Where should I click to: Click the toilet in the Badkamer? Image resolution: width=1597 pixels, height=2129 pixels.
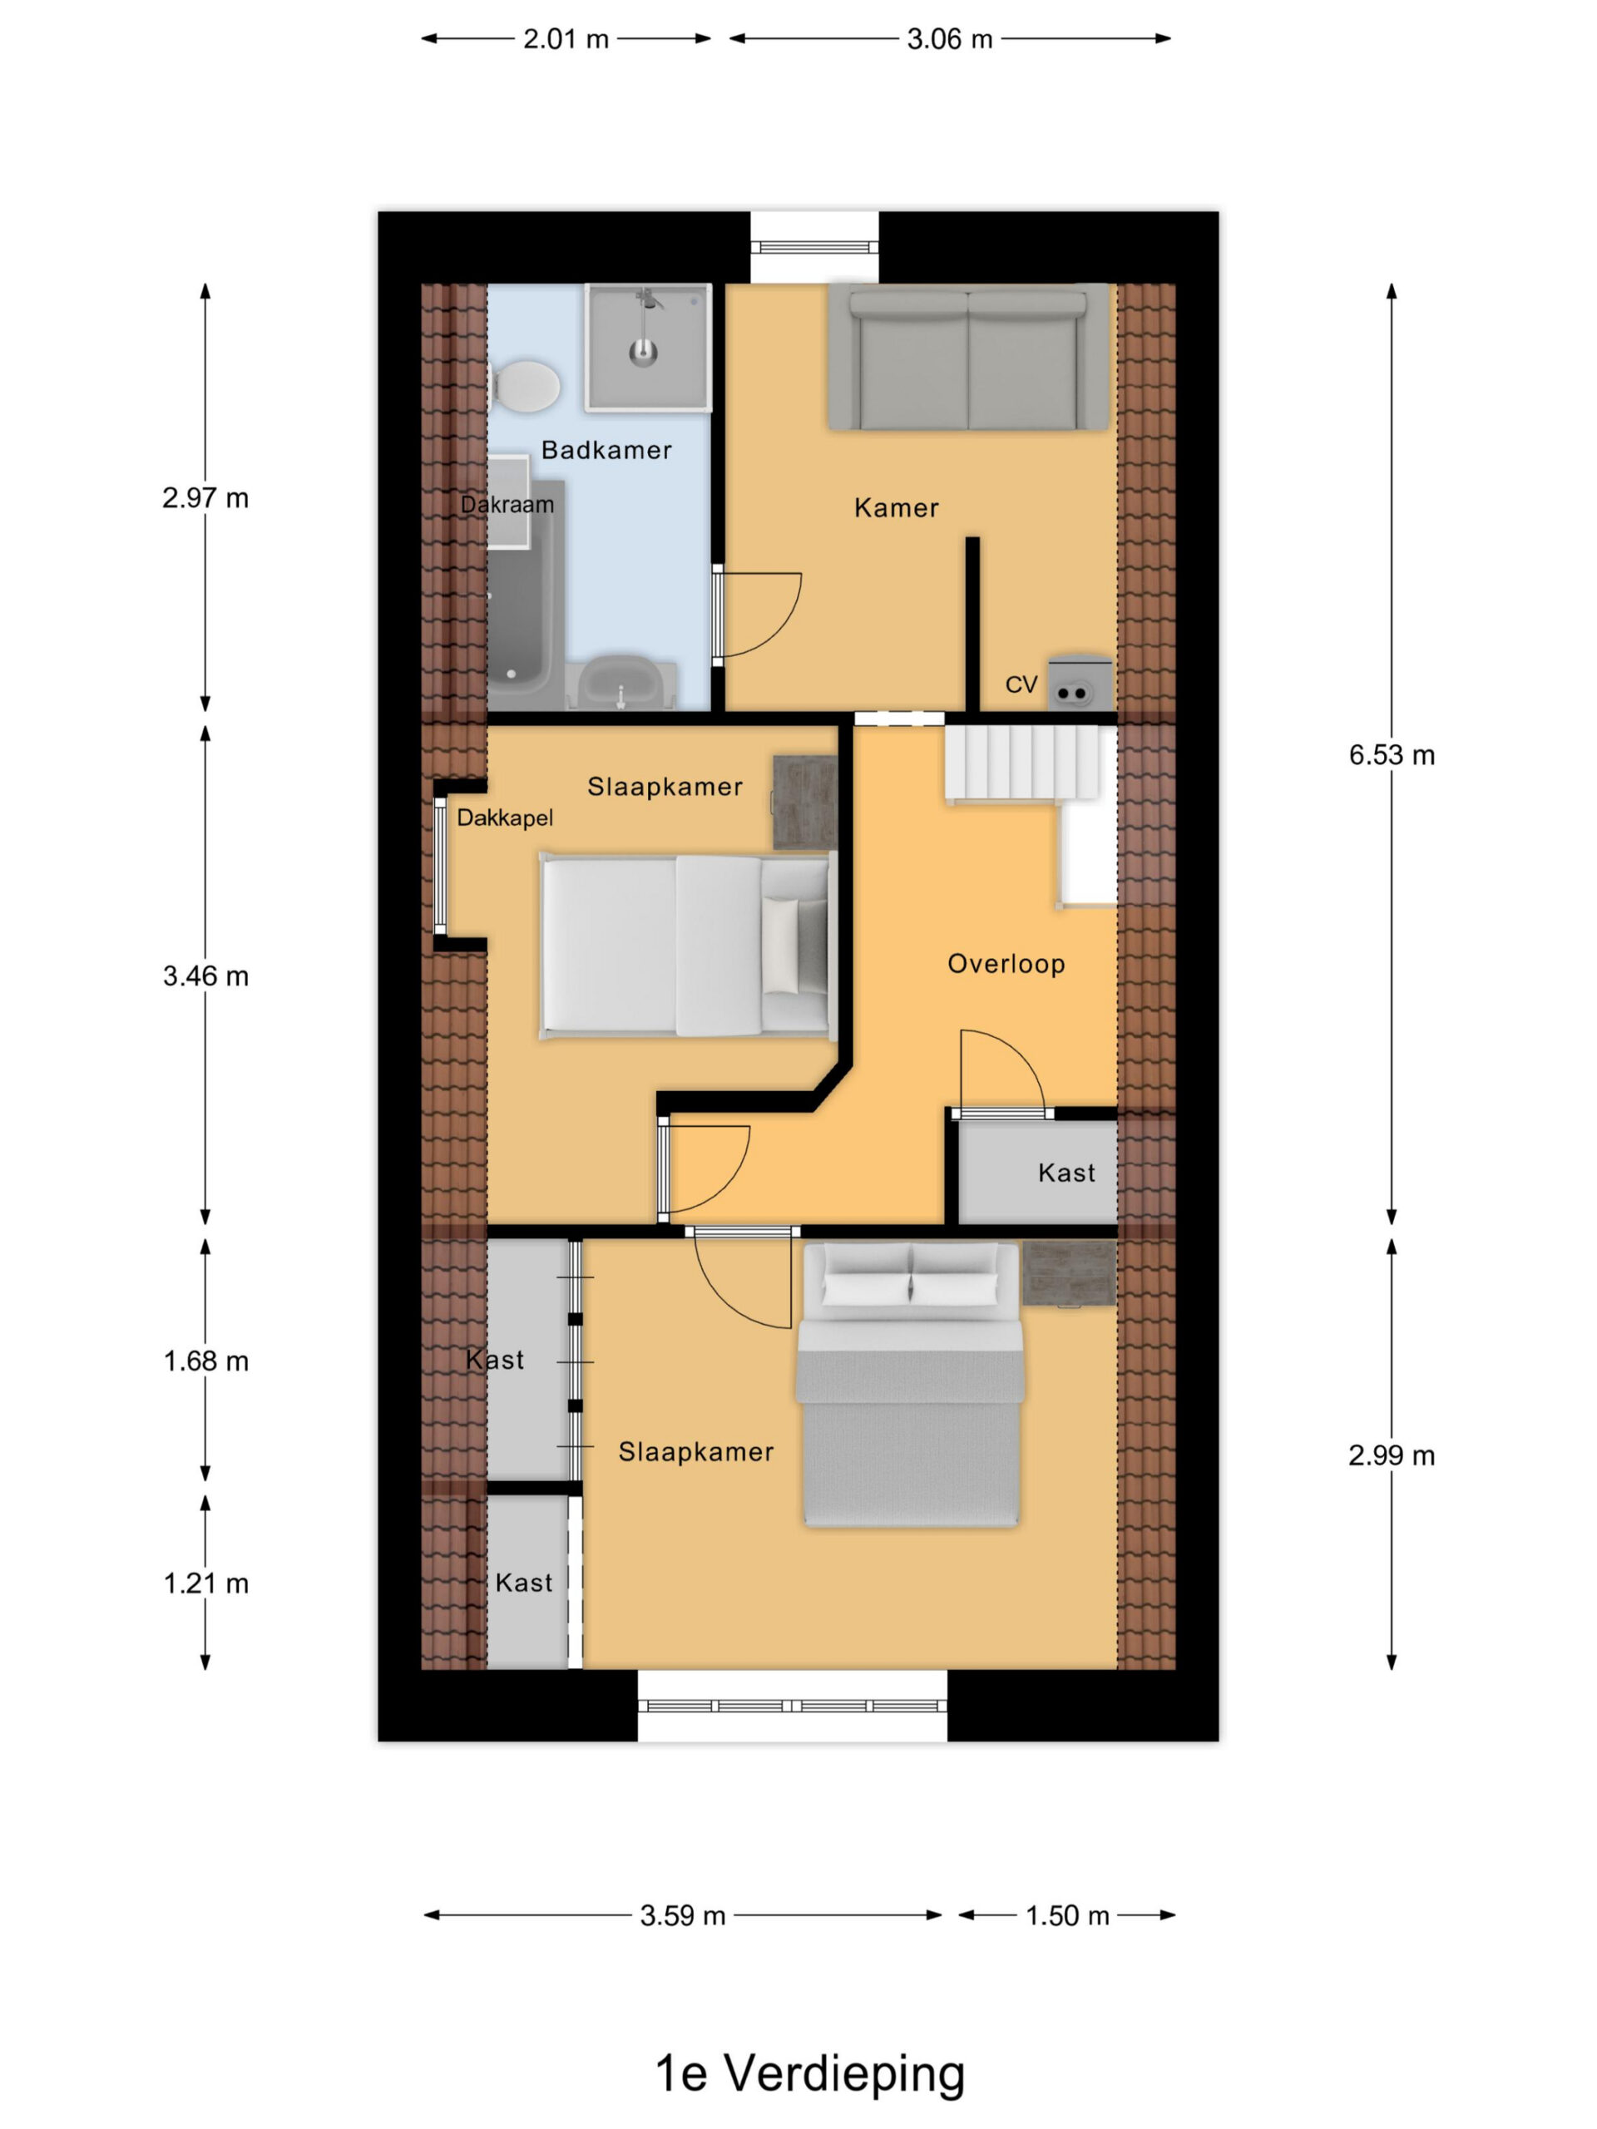pyautogui.click(x=525, y=386)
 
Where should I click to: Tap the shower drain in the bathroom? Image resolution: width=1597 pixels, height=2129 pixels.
pyautogui.click(x=642, y=353)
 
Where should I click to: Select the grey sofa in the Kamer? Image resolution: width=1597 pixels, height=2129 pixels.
pyautogui.click(x=967, y=356)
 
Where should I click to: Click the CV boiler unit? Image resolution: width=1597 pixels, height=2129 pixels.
pyautogui.click(x=1079, y=683)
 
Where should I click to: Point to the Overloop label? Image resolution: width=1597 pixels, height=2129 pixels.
pyautogui.click(x=1006, y=963)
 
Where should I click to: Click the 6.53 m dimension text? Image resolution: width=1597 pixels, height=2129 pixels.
pyautogui.click(x=1391, y=754)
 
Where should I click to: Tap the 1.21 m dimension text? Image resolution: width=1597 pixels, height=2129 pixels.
pyautogui.click(x=206, y=1583)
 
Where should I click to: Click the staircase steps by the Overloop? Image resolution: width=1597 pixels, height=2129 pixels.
pyautogui.click(x=1022, y=763)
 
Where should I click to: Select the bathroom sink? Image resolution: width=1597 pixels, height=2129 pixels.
pyautogui.click(x=621, y=683)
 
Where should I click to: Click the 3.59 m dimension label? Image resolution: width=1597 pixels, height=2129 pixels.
pyautogui.click(x=683, y=1915)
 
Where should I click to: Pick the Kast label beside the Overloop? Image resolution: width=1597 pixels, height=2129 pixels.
pyautogui.click(x=1066, y=1173)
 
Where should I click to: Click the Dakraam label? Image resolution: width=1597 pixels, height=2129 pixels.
pyautogui.click(x=507, y=504)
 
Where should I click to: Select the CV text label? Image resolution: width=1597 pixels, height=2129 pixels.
pyautogui.click(x=1021, y=684)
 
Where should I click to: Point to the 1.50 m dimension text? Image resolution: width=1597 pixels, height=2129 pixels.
pyautogui.click(x=1066, y=1915)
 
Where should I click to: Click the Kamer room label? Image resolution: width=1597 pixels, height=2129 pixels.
pyautogui.click(x=896, y=507)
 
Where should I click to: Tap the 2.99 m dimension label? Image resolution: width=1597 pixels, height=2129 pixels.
pyautogui.click(x=1391, y=1455)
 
